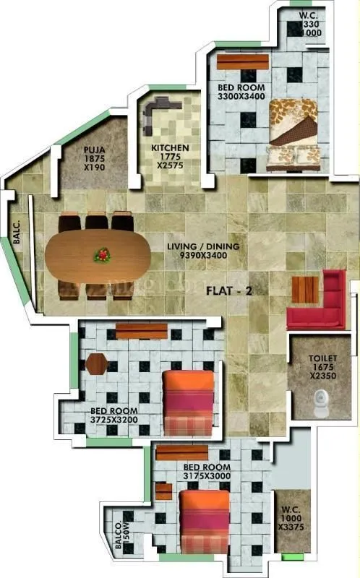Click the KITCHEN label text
(170, 148)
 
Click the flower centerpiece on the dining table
(103, 254)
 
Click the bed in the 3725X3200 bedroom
(188, 402)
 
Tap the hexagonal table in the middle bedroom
(96, 363)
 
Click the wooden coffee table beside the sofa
(304, 290)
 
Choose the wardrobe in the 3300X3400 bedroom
(242, 62)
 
